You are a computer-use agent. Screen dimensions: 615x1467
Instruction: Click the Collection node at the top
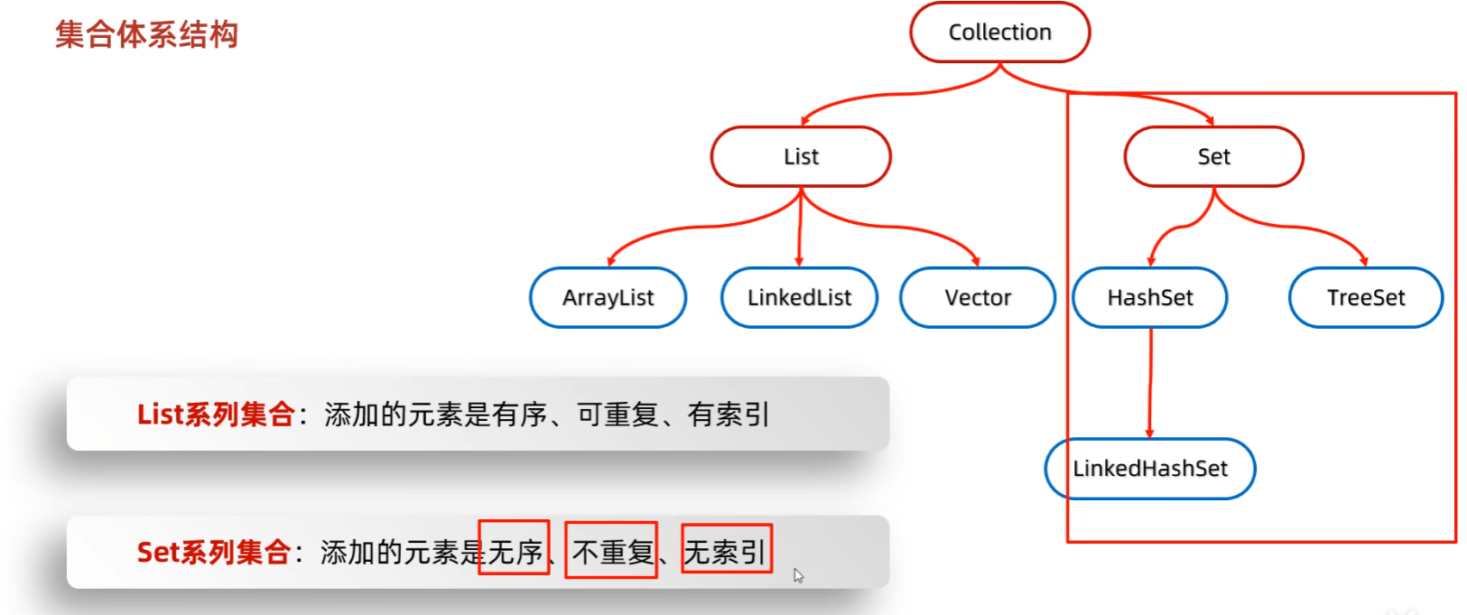coord(999,33)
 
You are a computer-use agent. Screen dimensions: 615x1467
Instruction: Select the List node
coord(801,156)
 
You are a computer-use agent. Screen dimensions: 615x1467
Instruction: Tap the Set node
coord(1213,156)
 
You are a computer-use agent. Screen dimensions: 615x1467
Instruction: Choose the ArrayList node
coord(608,297)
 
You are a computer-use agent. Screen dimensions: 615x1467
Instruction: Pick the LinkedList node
coord(799,297)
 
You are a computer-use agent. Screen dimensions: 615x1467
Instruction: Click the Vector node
coord(978,297)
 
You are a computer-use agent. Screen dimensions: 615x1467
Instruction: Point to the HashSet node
coord(1149,297)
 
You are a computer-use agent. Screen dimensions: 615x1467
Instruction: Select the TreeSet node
coord(1365,297)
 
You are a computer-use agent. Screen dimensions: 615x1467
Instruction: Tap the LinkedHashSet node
coord(1149,469)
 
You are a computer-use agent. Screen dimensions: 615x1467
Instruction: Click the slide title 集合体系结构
coord(146,34)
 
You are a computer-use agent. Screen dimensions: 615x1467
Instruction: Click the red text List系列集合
coord(216,415)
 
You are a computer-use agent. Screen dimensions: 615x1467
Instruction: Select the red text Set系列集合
coord(213,552)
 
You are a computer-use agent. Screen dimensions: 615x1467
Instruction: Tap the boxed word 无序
coord(515,550)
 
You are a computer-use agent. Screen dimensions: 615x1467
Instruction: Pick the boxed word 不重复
coord(612,551)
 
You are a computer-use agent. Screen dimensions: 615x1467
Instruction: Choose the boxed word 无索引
coord(726,551)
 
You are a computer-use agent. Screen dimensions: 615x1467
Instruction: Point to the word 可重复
coord(618,415)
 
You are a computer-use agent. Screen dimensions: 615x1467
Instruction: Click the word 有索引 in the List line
coord(728,415)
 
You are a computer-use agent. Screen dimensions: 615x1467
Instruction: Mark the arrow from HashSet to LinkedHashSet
coord(1150,384)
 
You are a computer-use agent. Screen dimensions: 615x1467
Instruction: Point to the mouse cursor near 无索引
coord(798,575)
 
